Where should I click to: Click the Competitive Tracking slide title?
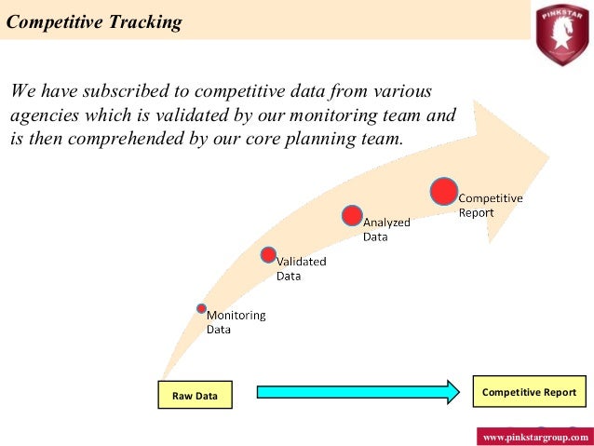[x=94, y=21]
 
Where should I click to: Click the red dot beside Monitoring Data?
[x=201, y=308]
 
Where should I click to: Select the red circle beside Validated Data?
[x=268, y=254]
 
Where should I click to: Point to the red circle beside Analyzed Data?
[x=351, y=216]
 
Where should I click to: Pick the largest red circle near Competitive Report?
[x=444, y=190]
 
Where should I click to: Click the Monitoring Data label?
[x=236, y=322]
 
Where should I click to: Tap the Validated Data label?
[x=301, y=268]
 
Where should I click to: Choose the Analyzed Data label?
[x=385, y=229]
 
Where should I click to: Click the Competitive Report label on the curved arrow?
[x=490, y=205]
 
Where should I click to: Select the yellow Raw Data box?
[x=195, y=396]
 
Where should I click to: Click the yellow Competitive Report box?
[x=529, y=392]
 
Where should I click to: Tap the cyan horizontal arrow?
[x=354, y=392]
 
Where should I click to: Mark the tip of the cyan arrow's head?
[x=459, y=392]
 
